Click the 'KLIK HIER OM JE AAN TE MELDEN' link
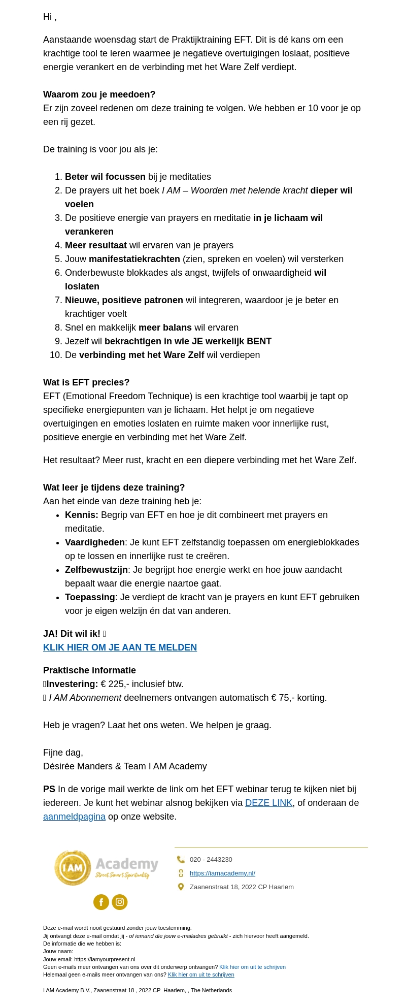pos(120,647)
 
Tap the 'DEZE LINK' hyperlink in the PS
pos(268,803)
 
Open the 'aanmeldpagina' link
pos(74,817)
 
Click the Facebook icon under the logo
pos(101,902)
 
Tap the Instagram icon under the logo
pos(120,902)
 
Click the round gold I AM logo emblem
pos(73,868)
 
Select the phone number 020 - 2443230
pos(211,859)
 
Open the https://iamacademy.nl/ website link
pos(222,873)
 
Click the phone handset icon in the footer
pos(181,859)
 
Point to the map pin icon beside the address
pos(181,887)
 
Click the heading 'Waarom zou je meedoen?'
pos(99,94)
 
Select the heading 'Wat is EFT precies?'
pos(86,382)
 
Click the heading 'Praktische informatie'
pos(89,670)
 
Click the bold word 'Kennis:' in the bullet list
pos(81,515)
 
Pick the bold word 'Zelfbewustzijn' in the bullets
pos(96,570)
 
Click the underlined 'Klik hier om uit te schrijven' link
pos(201,974)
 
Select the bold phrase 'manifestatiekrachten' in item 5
pos(134,259)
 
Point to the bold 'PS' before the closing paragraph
pos(49,789)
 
